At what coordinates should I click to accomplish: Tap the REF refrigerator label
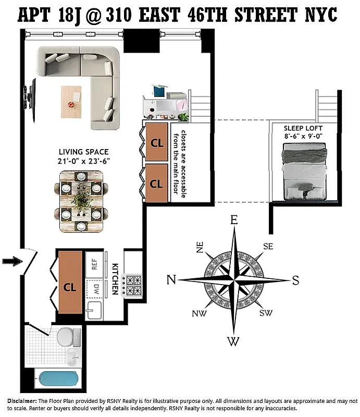94,264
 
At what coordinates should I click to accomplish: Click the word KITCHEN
115,279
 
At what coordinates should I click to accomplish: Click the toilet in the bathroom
67,337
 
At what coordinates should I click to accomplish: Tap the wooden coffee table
72,102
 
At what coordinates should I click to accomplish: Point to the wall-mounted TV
30,94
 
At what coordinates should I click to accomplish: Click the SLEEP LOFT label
303,128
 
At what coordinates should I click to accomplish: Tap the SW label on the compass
266,313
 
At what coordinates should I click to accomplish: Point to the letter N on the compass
171,280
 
